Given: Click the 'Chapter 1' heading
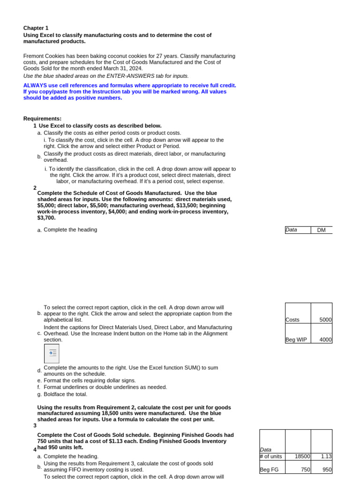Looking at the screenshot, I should pos(36,28).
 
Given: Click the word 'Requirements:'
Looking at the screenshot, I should pos(42,119).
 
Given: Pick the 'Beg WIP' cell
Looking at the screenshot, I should pos(296,340).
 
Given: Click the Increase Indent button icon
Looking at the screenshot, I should pos(52,353).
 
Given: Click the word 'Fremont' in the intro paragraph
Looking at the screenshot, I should pos(34,55).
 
